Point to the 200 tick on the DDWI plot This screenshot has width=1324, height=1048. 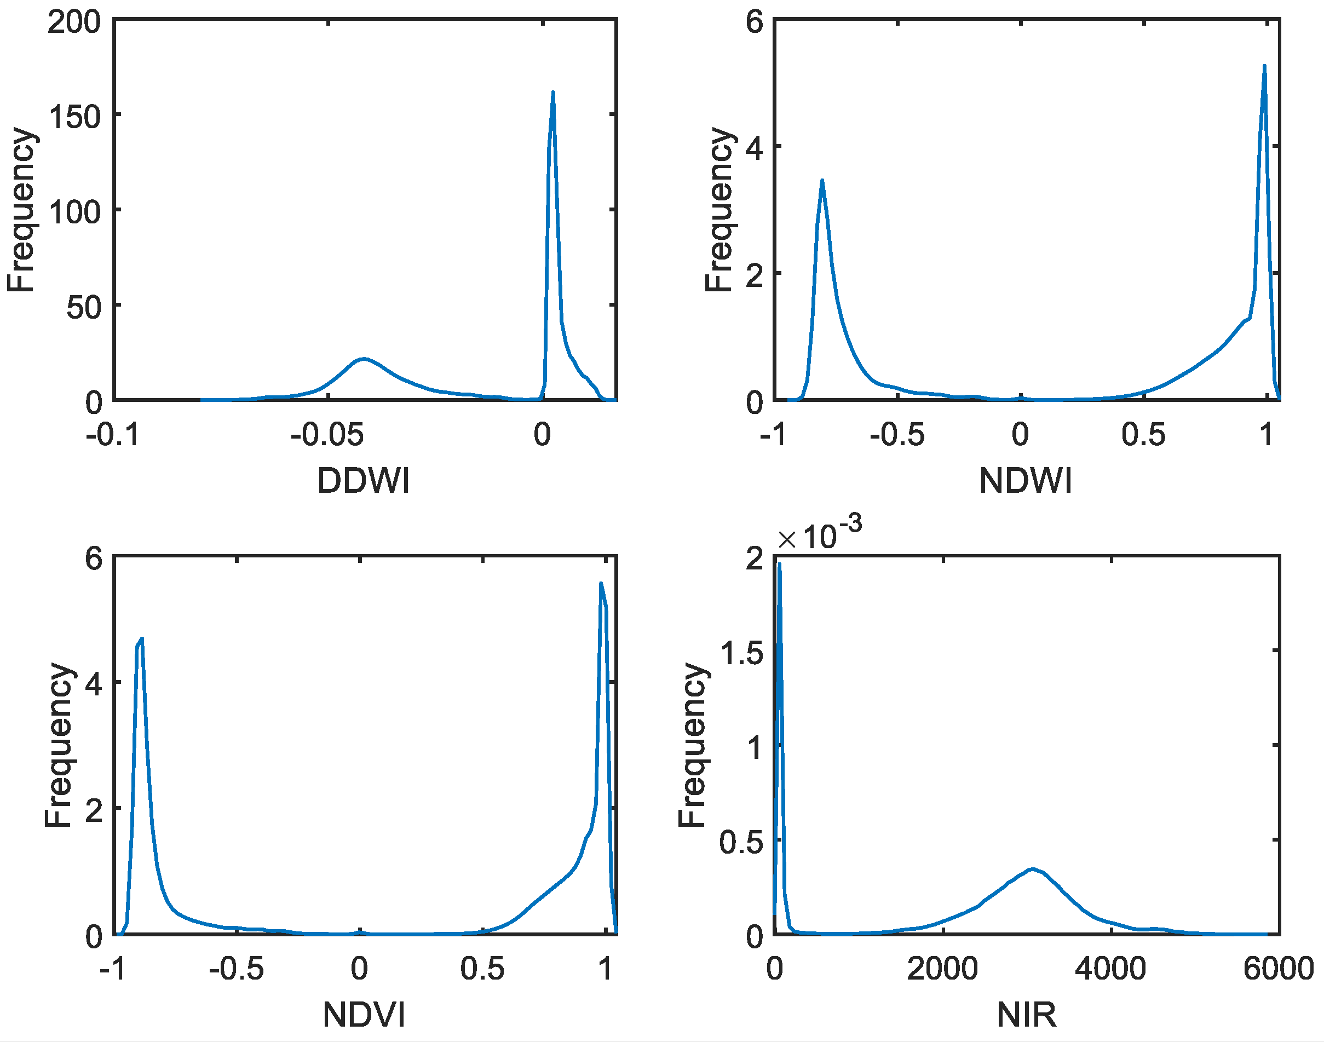pos(74,22)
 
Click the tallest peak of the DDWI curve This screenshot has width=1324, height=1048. pos(553,93)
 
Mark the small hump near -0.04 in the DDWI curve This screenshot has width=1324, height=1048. pos(364,359)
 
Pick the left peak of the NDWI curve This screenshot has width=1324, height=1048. pos(821,181)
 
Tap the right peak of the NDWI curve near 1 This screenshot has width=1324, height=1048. pos(1264,66)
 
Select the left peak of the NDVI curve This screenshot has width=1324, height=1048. pos(141,640)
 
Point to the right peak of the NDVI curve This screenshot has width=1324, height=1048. pos(601,584)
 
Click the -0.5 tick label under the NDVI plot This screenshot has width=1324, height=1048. pos(236,970)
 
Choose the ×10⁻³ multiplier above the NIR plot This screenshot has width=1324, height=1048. pos(819,535)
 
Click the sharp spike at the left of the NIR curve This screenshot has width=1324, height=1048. pos(779,565)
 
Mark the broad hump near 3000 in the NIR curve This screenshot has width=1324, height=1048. pos(1033,870)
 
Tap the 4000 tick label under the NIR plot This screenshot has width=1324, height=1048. pos(1110,970)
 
